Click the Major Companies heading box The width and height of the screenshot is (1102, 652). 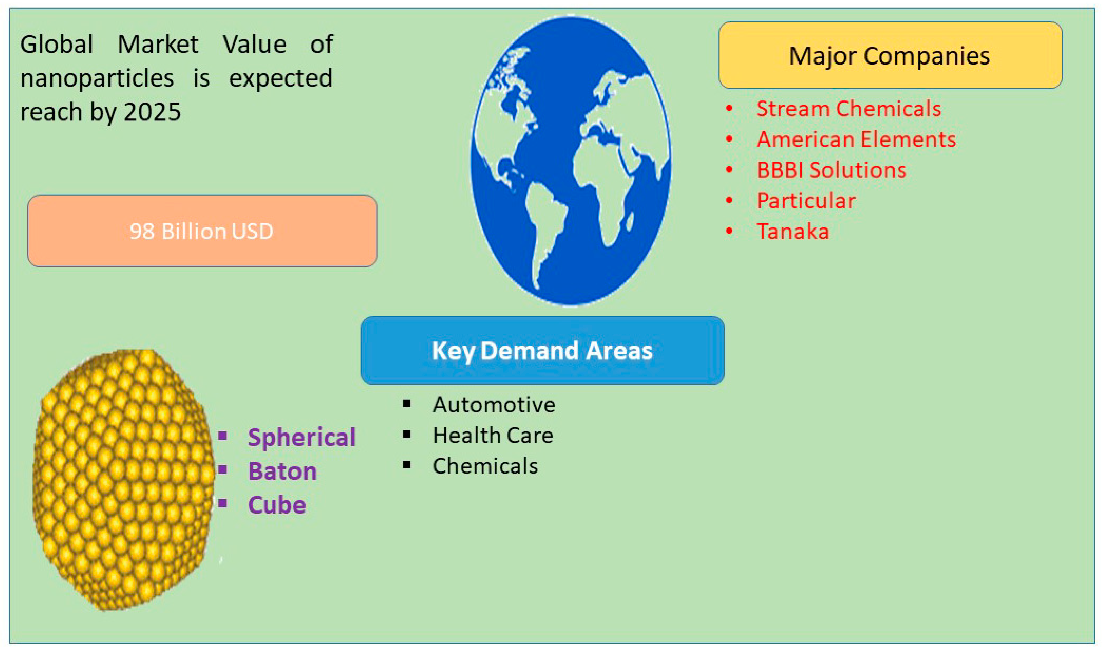point(889,55)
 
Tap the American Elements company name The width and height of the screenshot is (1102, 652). point(855,139)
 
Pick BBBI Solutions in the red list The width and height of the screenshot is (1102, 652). point(831,170)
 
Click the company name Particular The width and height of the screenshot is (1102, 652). point(806,201)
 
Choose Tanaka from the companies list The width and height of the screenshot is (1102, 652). point(792,232)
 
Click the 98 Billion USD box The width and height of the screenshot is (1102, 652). point(202,231)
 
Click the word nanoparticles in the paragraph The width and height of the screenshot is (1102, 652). point(97,79)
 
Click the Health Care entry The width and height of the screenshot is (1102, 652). point(493,435)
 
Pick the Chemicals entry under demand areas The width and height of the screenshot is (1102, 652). point(485,466)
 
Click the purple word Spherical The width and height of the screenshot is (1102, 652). point(301,437)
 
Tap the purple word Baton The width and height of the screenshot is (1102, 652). point(282,471)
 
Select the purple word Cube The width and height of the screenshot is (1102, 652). point(277,505)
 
